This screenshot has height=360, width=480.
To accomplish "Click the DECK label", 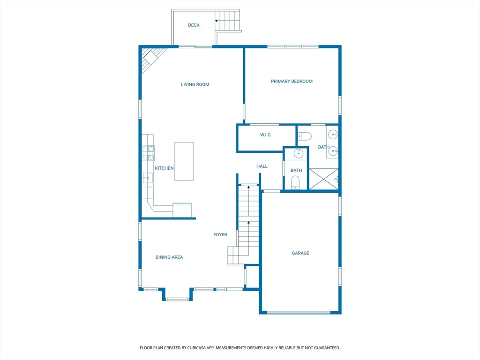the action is tap(194, 25).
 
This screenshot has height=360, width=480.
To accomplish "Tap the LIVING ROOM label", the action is tap(195, 84).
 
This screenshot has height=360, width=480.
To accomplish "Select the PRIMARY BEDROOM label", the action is tap(292, 81).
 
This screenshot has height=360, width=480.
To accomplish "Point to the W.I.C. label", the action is tap(266, 135).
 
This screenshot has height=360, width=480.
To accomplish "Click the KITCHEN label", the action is tap(164, 168).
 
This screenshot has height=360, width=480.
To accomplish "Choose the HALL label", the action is tap(262, 166).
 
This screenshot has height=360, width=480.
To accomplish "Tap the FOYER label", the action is tap(220, 234).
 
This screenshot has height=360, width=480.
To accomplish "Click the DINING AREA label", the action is tap(169, 257).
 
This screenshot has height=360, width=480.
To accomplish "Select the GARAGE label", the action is tap(300, 253).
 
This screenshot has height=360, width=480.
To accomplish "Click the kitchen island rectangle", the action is tap(184, 161).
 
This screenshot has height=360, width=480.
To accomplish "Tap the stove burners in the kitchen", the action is tap(148, 153).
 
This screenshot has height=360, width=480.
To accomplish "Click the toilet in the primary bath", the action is tap(305, 136).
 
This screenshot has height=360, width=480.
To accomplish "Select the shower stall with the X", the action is tap(323, 179).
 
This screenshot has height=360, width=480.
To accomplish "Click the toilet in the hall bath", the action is tap(295, 182).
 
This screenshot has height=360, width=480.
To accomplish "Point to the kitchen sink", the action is tap(148, 178).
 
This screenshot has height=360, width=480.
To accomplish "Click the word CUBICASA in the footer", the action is tap(195, 348).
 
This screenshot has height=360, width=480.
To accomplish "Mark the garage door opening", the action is tap(299, 313).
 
